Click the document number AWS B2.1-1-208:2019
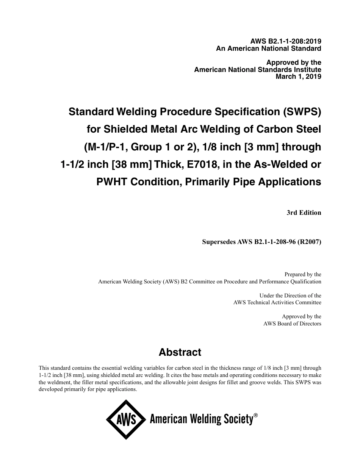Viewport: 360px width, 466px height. (x=285, y=42)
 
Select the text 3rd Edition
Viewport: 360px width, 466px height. (x=304, y=213)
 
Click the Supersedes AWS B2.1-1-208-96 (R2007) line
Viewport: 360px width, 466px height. (x=261, y=242)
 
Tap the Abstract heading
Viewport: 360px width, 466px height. (x=180, y=352)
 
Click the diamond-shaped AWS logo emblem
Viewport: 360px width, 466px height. (x=126, y=419)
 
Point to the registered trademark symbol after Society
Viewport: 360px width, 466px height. (x=256, y=415)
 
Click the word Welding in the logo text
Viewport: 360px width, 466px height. (x=205, y=419)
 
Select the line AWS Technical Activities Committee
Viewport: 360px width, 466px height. (x=277, y=302)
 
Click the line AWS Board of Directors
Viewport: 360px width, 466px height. (x=292, y=324)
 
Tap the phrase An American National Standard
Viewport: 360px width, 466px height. (x=269, y=48)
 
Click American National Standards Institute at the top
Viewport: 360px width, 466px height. (x=258, y=70)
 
